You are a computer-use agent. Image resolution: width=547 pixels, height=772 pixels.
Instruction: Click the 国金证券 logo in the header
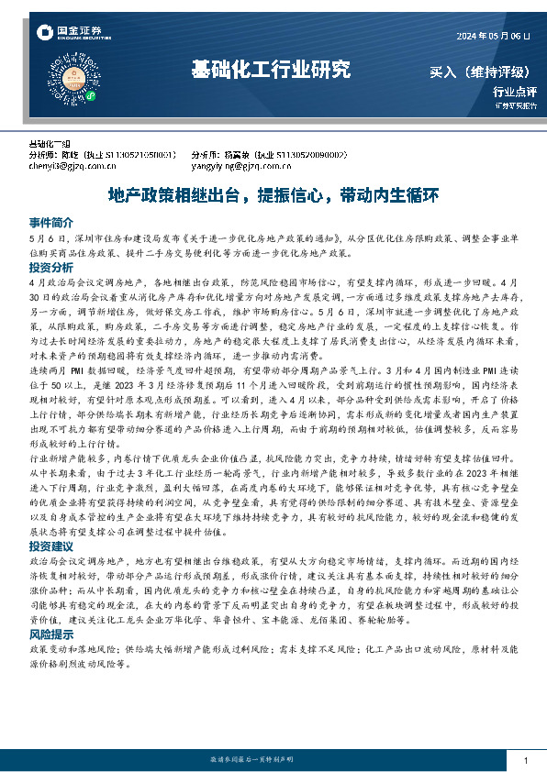(69, 33)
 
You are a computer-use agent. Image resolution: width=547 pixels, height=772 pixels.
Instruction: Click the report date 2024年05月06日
(493, 36)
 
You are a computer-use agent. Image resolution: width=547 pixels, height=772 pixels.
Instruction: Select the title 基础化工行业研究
(271, 69)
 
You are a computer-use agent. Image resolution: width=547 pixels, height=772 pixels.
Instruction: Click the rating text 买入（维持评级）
(482, 72)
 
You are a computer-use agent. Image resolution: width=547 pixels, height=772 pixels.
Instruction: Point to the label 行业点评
(514, 92)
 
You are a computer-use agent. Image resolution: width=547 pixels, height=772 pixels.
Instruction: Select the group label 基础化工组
(50, 145)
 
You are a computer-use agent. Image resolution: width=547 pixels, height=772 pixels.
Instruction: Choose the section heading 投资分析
(50, 268)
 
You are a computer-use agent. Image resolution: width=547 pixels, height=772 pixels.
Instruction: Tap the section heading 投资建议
(50, 546)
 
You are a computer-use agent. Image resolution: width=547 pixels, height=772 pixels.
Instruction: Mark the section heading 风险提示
(50, 633)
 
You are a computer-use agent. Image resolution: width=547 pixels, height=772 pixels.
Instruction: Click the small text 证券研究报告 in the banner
(510, 106)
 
